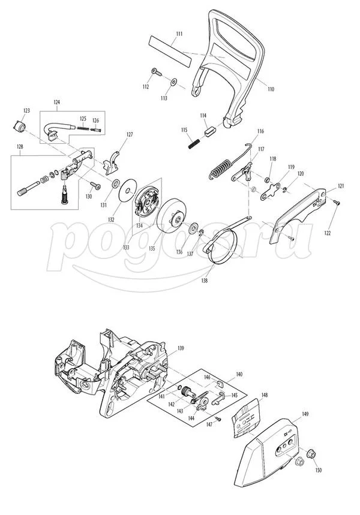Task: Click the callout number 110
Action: (x=271, y=89)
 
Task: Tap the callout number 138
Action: (x=205, y=281)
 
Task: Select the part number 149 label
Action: (x=305, y=414)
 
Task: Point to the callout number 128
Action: (x=20, y=146)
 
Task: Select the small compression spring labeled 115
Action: (x=194, y=143)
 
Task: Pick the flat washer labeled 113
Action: (x=173, y=82)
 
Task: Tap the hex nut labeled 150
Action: (x=311, y=454)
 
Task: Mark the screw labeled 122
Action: (x=337, y=203)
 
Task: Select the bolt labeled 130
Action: (x=95, y=186)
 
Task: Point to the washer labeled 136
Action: (x=194, y=227)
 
